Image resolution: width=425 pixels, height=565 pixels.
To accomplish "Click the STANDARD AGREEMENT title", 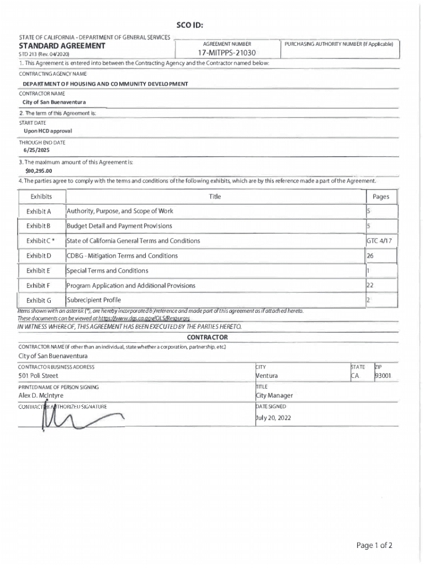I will [x=62, y=45].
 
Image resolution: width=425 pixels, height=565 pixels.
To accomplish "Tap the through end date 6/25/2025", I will [x=36, y=150].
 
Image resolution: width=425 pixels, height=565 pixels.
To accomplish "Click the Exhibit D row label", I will [x=39, y=256].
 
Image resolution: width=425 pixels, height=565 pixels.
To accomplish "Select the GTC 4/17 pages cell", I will [x=380, y=241].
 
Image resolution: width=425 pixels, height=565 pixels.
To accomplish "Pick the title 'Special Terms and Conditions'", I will [x=108, y=270].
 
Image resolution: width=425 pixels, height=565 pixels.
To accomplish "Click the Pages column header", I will [x=381, y=197].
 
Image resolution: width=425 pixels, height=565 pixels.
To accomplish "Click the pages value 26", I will [x=370, y=256].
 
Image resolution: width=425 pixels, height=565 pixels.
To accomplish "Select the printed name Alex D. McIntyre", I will [x=41, y=396].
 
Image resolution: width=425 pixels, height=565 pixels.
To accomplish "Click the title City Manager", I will [x=274, y=396].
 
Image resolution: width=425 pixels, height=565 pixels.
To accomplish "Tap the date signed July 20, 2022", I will [x=273, y=418].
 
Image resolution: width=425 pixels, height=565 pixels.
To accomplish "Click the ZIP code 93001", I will [x=383, y=376].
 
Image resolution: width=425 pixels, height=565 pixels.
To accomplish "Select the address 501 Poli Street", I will [x=38, y=376].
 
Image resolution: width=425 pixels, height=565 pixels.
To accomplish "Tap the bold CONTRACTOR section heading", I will [x=207, y=337].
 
